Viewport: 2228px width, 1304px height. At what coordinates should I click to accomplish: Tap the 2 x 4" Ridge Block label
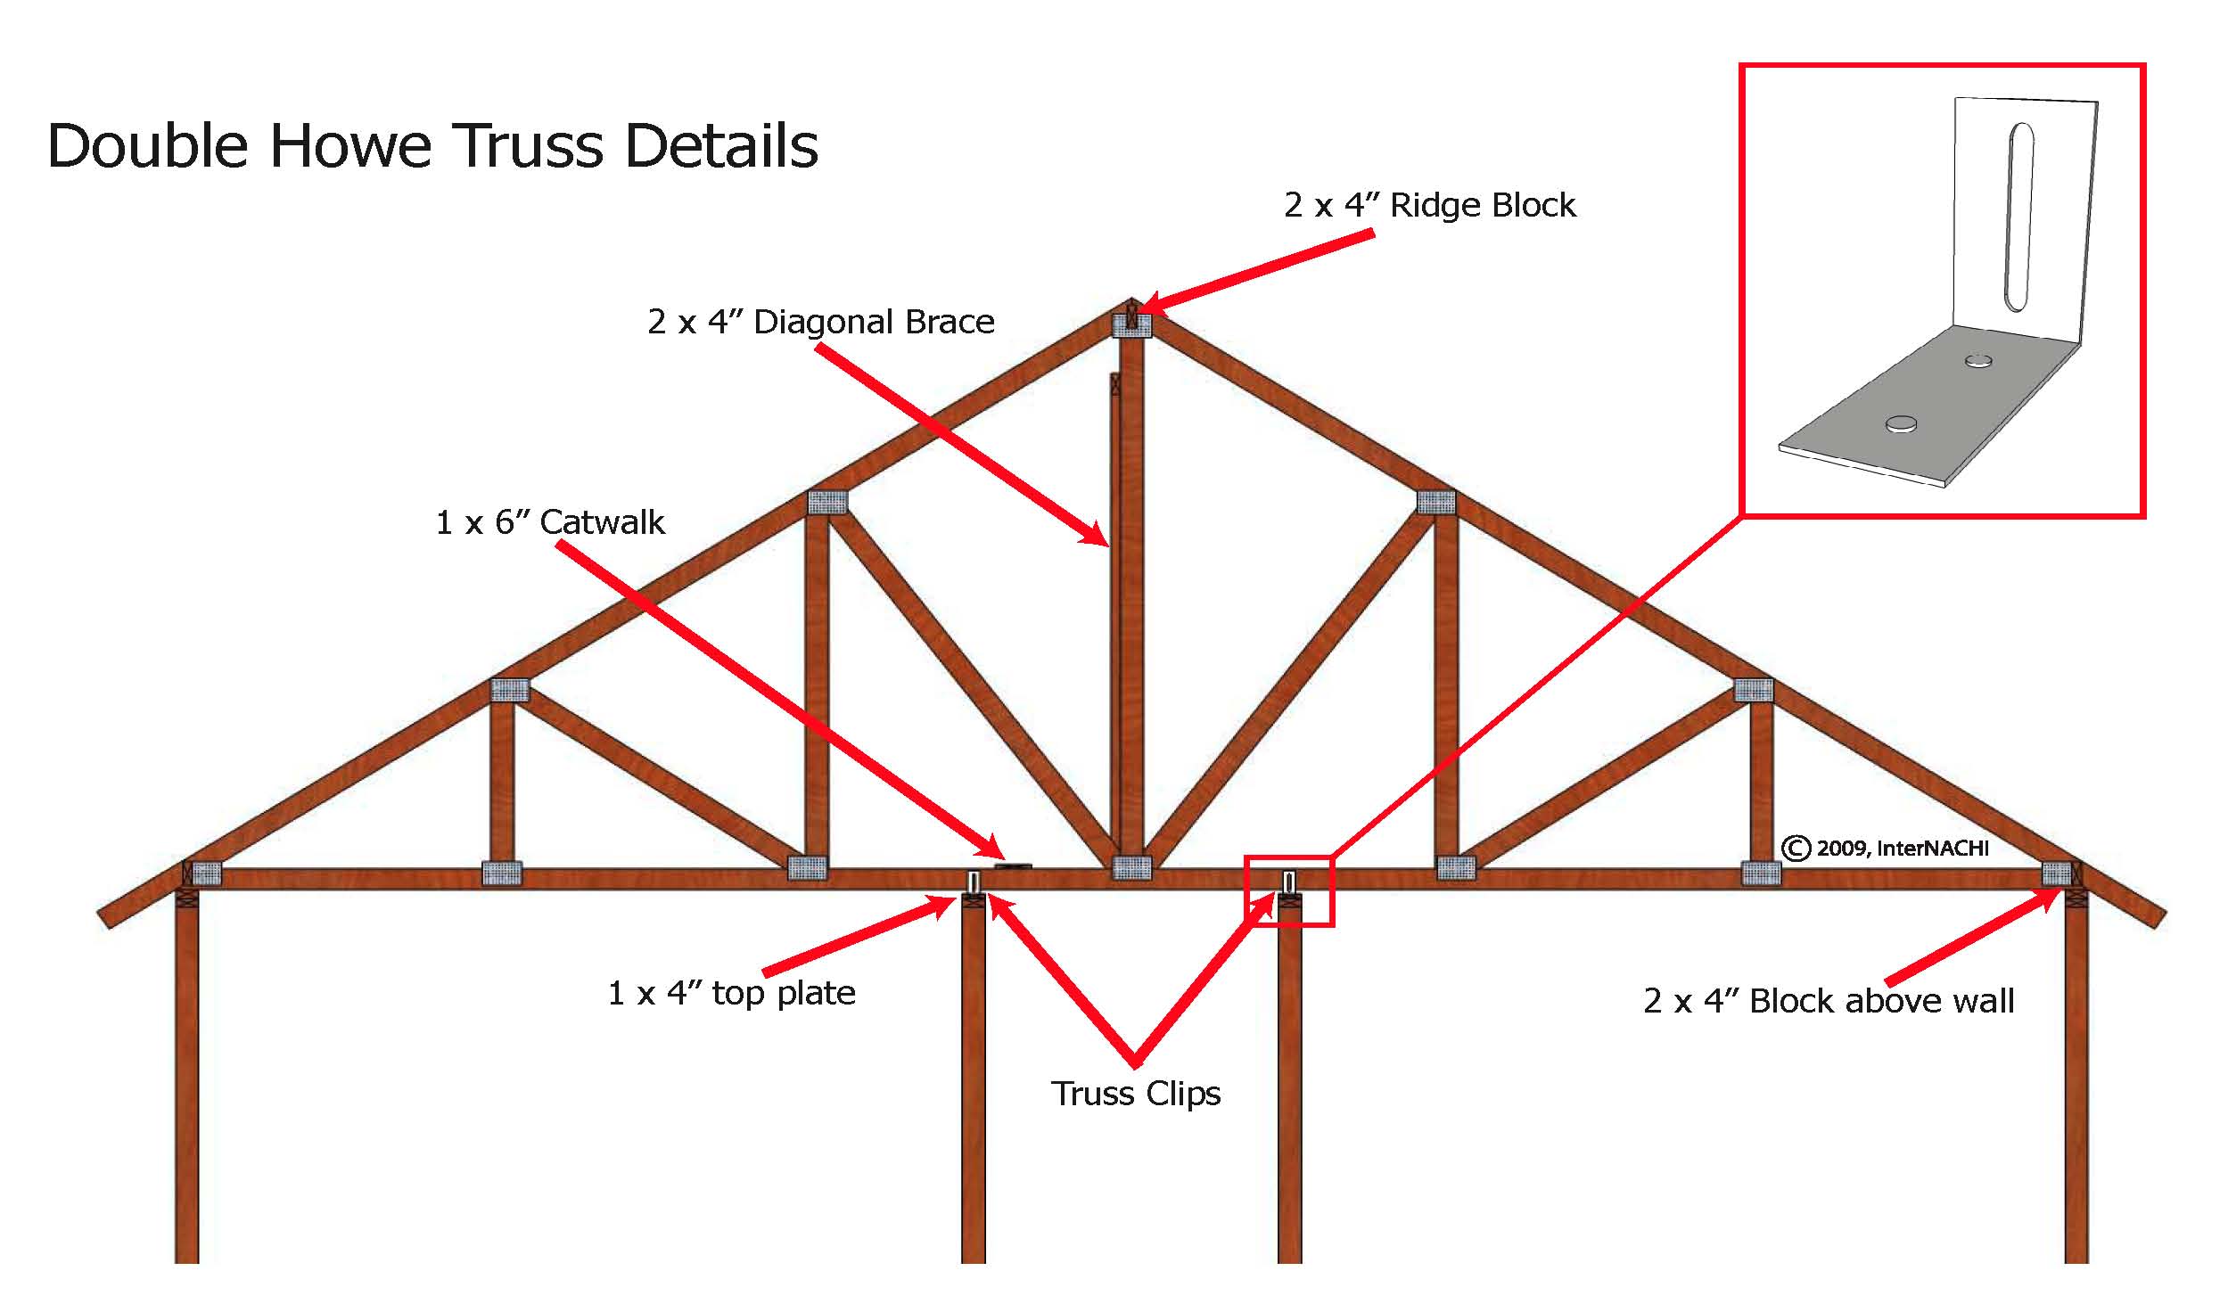pos(1428,206)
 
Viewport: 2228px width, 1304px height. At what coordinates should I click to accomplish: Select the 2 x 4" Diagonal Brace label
pos(820,322)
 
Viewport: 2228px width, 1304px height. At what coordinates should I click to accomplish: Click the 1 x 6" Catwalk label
pos(549,522)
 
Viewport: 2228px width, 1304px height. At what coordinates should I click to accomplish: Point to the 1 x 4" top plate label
pos(731,993)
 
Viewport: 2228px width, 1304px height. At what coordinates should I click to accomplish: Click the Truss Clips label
pos(1135,1094)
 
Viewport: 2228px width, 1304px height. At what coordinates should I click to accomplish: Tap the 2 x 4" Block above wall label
pos(1828,1001)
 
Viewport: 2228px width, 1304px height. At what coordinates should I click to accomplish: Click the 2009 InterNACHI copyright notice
pos(1885,848)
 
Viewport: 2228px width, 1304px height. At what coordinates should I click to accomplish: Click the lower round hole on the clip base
pos(1901,424)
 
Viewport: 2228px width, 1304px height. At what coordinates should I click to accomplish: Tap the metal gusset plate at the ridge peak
pos(1131,325)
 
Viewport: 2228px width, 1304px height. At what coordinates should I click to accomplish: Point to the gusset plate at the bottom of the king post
pos(1131,867)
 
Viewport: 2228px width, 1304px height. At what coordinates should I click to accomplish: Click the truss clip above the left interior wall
pos(974,882)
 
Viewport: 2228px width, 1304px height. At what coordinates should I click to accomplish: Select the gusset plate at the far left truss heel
pos(206,873)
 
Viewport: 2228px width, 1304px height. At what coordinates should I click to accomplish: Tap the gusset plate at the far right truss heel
pos(2056,873)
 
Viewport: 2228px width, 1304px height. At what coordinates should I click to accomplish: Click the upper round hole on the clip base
pos(1979,361)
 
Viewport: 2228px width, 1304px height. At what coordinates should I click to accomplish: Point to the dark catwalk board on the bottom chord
pos(1013,865)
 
